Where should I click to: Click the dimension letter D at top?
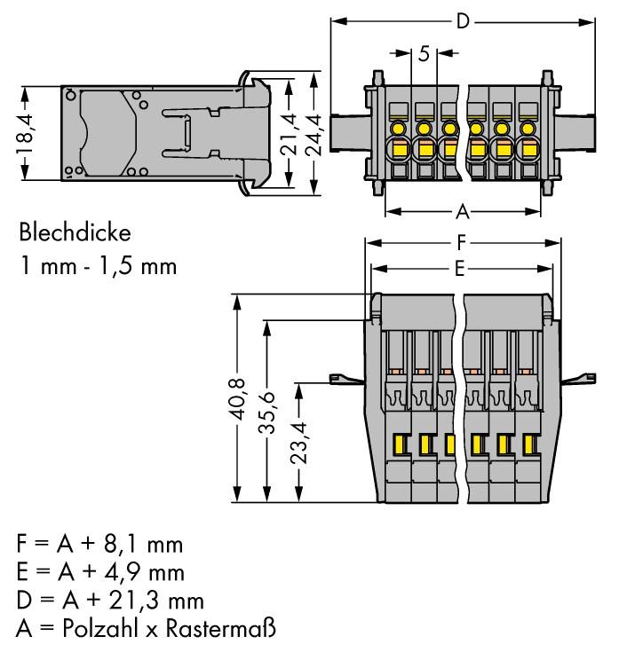(x=461, y=20)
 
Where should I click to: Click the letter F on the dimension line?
(x=460, y=241)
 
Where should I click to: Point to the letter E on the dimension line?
(x=459, y=269)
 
